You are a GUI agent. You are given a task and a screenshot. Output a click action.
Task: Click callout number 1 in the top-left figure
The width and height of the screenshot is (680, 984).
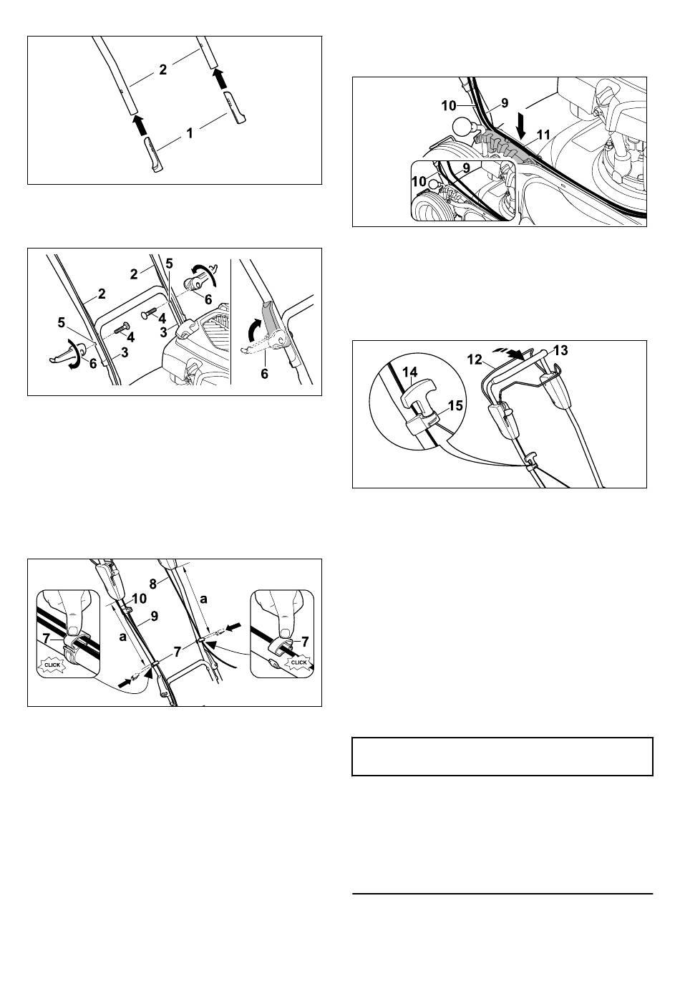point(189,133)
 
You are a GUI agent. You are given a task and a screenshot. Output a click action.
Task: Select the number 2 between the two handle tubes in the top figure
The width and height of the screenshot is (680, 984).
point(163,69)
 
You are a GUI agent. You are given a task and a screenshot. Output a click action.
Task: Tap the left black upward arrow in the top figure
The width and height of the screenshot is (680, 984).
point(139,125)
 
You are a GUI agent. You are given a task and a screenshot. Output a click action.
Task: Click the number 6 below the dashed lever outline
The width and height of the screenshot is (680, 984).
point(264,374)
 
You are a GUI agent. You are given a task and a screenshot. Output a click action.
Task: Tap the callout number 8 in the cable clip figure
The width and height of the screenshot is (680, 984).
point(152,584)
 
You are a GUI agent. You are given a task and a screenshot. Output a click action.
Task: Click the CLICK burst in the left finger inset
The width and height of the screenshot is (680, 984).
point(52,665)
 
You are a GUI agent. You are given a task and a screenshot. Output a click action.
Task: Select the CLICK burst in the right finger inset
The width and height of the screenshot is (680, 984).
point(299,662)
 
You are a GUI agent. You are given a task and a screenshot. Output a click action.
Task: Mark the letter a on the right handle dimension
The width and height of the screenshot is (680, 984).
point(204,599)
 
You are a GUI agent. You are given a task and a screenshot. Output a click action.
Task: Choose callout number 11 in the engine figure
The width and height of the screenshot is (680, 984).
point(543,135)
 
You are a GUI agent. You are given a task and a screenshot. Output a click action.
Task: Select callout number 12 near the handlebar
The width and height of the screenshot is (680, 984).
point(475,360)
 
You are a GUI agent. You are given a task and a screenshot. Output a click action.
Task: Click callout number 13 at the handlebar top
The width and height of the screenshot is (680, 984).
point(560,350)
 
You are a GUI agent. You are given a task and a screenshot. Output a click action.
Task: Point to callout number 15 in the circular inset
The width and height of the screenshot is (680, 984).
point(456,405)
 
